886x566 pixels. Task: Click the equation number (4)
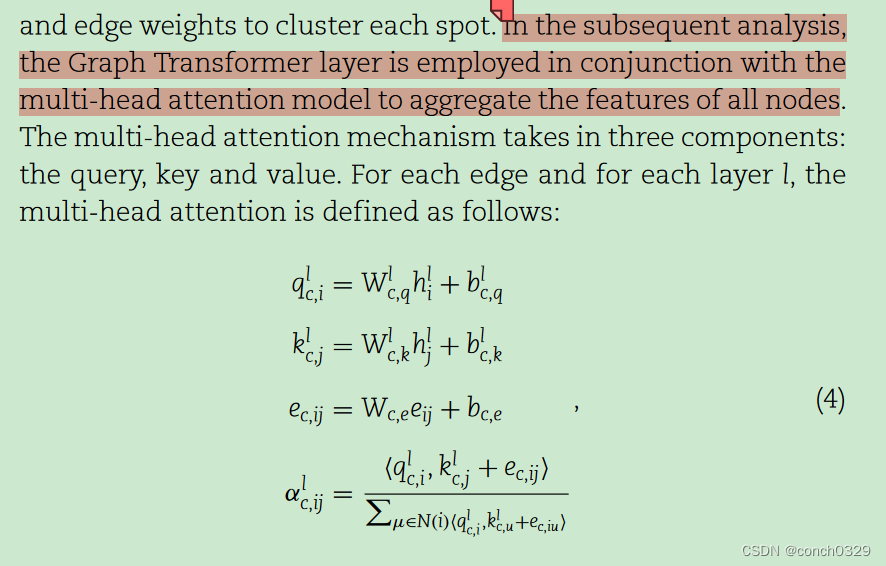(x=830, y=401)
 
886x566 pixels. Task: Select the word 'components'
(x=768, y=137)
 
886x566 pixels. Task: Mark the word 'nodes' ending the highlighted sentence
(x=806, y=101)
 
